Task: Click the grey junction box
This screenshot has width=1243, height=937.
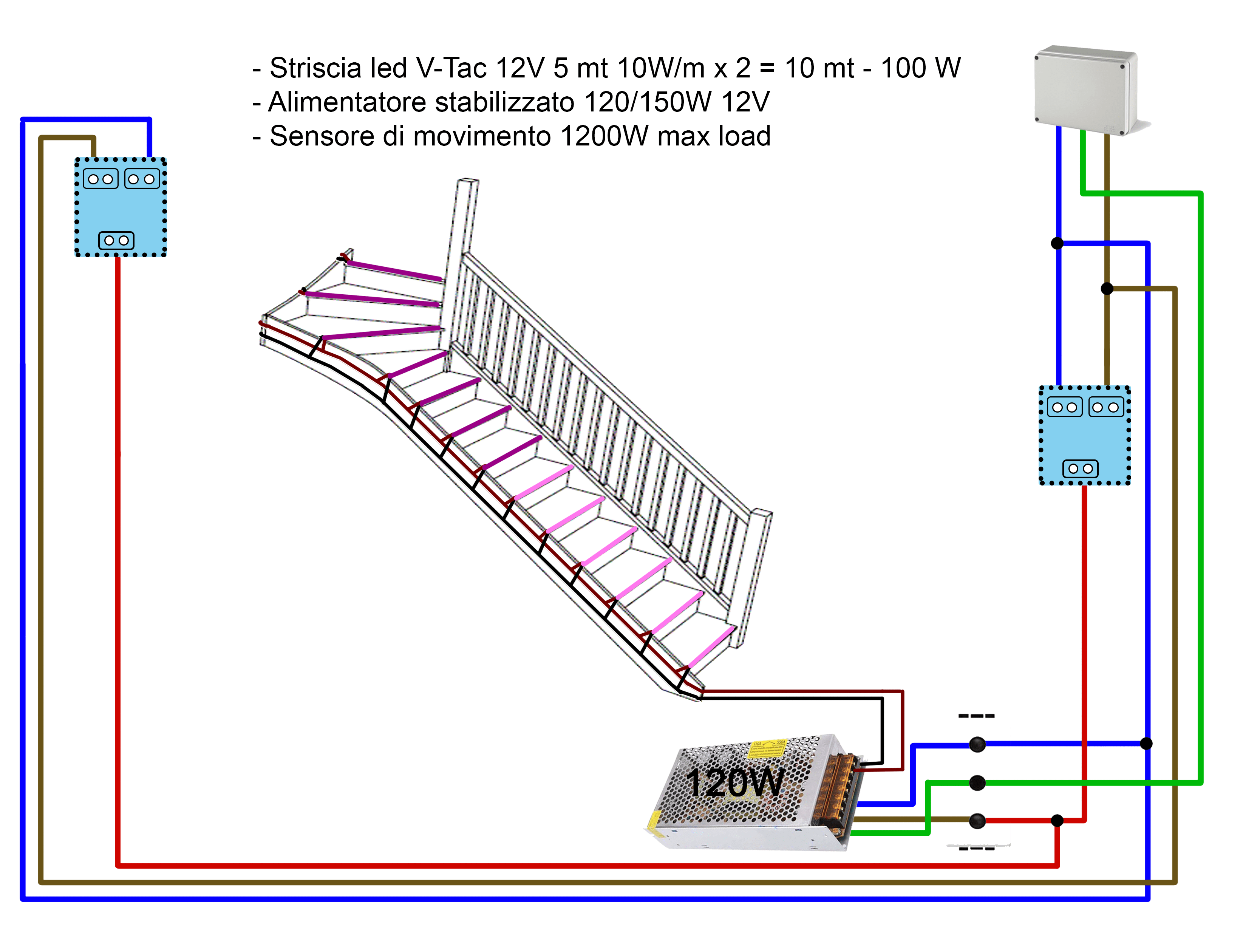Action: [x=1086, y=90]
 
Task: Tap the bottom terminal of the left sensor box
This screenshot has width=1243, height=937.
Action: [x=116, y=241]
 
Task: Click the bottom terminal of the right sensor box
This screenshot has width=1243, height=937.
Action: [x=1080, y=469]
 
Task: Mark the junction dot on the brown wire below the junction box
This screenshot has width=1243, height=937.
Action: [x=1107, y=289]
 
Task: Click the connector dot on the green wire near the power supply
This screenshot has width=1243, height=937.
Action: [x=977, y=782]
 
